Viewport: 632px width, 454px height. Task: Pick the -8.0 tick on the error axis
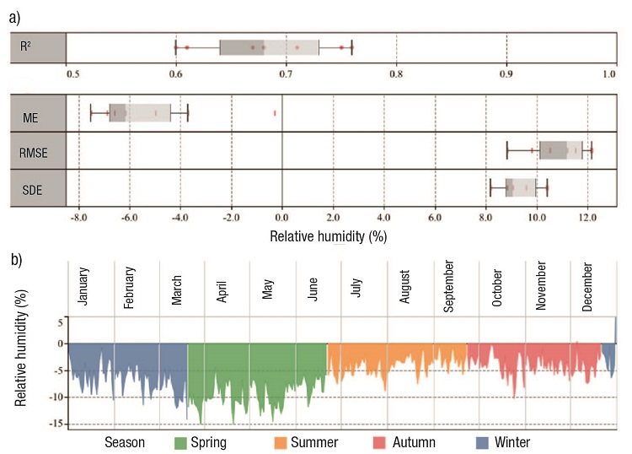pos(78,218)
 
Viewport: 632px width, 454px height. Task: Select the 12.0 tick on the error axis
pos(587,218)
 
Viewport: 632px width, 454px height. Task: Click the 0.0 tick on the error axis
pos(282,218)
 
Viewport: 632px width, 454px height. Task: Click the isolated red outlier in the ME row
pos(275,112)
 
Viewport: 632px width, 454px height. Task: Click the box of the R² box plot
pos(269,47)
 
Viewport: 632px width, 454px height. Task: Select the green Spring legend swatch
pos(179,442)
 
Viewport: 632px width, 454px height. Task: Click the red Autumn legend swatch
pos(380,442)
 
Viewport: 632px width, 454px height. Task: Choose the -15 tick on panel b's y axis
pos(58,424)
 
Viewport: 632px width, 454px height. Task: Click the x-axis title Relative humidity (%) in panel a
pos(328,237)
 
